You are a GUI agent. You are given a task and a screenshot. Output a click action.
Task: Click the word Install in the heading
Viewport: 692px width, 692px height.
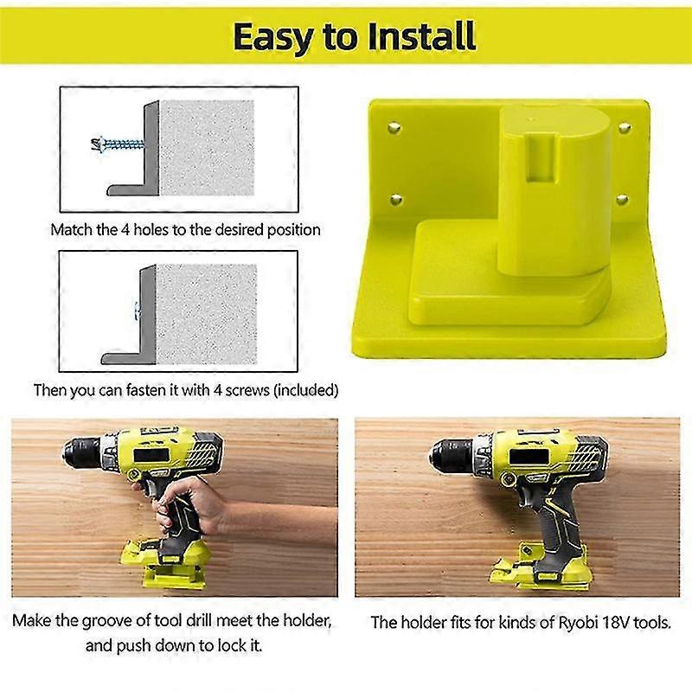tap(421, 36)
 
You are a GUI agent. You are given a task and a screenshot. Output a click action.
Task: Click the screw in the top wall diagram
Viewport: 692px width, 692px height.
tap(118, 144)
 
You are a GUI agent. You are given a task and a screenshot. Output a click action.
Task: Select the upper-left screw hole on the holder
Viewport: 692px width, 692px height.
tap(394, 128)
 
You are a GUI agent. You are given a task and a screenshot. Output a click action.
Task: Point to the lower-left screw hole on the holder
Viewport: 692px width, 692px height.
tap(396, 200)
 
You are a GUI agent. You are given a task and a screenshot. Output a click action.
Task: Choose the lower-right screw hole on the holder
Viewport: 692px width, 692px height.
tap(622, 200)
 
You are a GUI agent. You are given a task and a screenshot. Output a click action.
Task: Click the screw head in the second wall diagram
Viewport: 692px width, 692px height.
tap(137, 311)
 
